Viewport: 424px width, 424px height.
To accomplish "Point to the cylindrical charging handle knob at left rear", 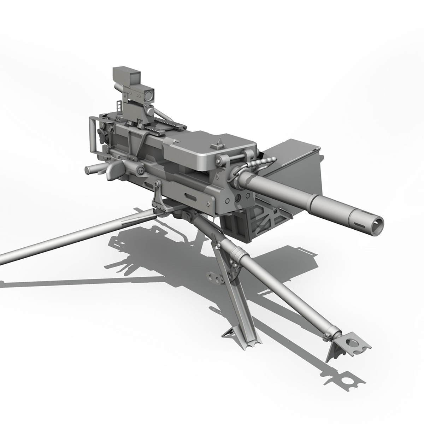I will point(93,170).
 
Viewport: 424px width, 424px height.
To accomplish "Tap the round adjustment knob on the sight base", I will point(150,112).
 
